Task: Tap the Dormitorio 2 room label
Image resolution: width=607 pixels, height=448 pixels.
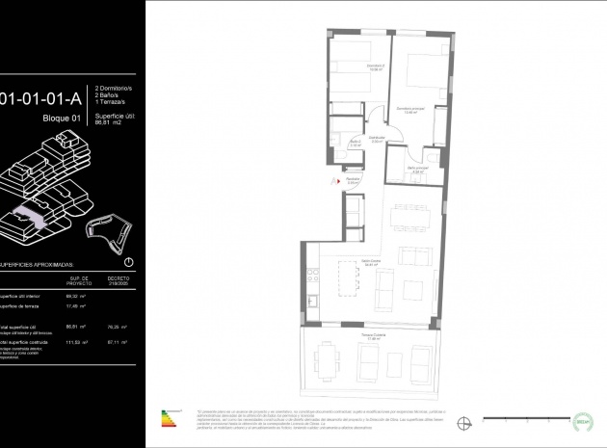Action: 375,67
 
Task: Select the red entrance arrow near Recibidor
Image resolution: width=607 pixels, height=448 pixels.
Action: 335,180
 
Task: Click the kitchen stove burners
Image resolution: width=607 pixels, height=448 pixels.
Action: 314,276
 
